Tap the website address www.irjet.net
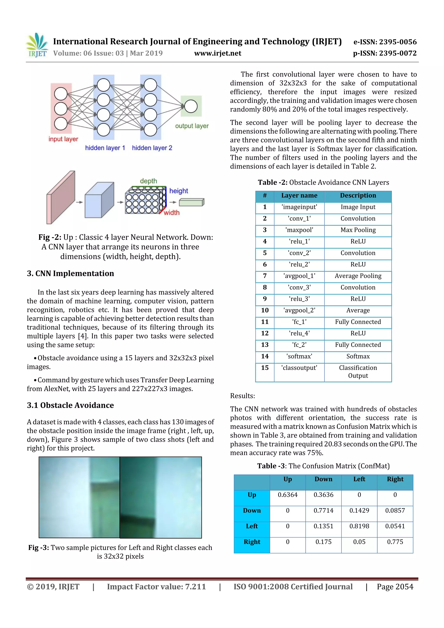pos(217,53)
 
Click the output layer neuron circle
pos(191,106)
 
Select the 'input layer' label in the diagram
pos(63,139)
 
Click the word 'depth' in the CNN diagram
pos(148,181)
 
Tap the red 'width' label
pos(171,212)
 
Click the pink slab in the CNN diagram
pos(61,197)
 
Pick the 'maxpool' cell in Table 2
pos(299,230)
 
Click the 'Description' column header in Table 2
pos(358,196)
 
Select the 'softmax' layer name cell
pos(299,356)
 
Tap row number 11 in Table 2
pos(264,322)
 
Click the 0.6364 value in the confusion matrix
pos(287,495)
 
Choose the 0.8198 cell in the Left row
pos(359,526)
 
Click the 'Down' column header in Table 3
pos(323,479)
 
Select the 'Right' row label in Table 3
pos(252,542)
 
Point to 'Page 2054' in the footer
pos(395,587)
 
